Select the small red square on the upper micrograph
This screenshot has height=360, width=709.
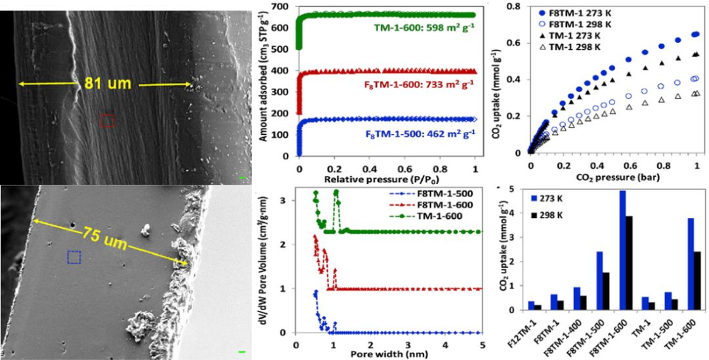pos(108,120)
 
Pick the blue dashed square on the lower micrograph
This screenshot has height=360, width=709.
pos(74,257)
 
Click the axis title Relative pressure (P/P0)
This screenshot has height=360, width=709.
pos(387,178)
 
